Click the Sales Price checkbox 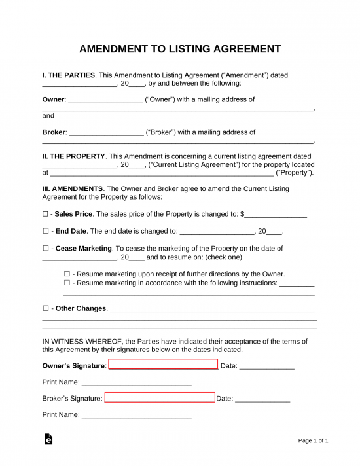45,214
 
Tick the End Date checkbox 45,231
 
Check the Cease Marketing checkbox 45,249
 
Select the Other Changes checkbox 45,308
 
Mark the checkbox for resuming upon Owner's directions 67,274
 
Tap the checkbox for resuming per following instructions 67,283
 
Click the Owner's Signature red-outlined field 163,365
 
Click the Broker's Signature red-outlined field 160,397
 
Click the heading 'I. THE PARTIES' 69,75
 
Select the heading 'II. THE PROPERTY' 73,156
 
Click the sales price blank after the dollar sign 276,215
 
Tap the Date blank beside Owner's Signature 266,367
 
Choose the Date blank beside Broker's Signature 262,399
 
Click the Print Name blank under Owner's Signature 136,383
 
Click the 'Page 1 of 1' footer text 314,440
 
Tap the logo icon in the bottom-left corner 48,440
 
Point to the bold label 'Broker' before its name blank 54,132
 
